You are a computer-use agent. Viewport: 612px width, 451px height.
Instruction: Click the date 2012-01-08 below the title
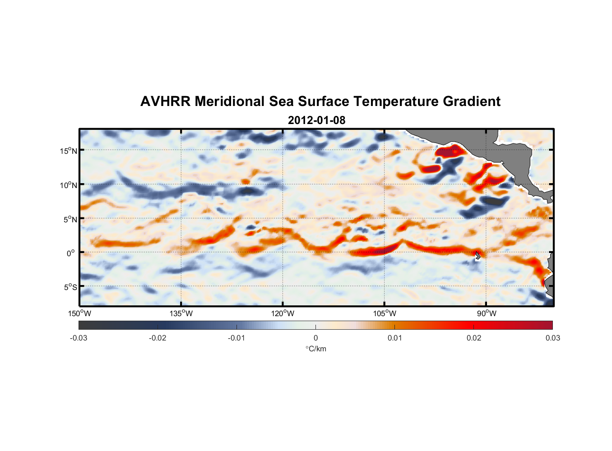(x=316, y=120)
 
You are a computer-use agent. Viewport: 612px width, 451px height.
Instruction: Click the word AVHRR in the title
(x=165, y=101)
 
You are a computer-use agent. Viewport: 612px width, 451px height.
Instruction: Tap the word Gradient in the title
(x=471, y=101)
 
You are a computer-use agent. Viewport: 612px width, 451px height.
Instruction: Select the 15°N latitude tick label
(x=69, y=151)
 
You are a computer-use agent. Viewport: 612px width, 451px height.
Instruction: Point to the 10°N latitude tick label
(x=69, y=185)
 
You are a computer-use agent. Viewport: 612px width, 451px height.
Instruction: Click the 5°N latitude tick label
(x=70, y=219)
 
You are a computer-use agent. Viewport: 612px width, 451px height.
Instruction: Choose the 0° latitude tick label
(x=71, y=253)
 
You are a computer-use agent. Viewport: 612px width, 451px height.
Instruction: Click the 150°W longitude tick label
(x=80, y=313)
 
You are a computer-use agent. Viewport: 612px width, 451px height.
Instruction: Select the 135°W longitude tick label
(x=181, y=313)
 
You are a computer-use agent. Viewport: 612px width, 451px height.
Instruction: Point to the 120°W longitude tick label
(x=283, y=313)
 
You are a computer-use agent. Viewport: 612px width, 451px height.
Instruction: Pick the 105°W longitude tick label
(x=385, y=313)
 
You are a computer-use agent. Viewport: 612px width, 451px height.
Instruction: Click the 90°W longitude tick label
(x=487, y=313)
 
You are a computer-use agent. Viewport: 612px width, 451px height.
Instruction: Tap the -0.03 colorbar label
(x=79, y=338)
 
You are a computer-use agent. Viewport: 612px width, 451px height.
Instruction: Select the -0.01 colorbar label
(x=236, y=338)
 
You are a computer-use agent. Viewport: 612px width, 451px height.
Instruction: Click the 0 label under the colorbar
(x=315, y=338)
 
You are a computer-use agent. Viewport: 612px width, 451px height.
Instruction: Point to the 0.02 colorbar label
(x=474, y=338)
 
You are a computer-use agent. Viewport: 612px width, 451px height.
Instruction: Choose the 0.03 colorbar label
(x=552, y=338)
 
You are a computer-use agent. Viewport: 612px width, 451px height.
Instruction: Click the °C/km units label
(x=316, y=349)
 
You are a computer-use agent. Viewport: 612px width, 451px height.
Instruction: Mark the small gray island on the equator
(x=478, y=255)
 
